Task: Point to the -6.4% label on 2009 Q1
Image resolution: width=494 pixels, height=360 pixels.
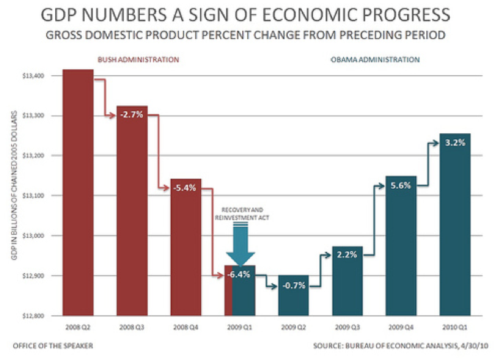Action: coord(240,275)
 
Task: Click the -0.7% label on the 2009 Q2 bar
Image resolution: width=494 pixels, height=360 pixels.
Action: coord(294,285)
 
